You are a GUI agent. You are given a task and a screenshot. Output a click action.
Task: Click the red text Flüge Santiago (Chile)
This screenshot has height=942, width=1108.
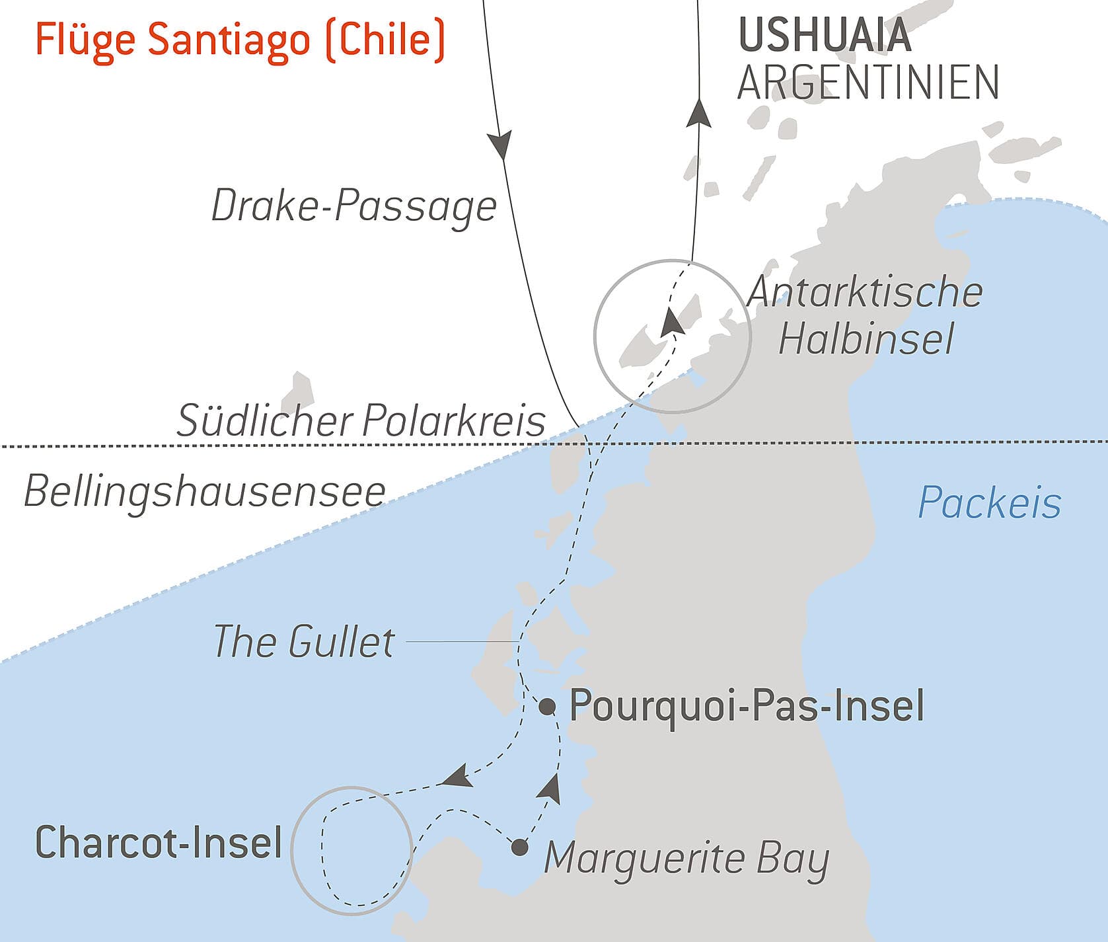tap(239, 40)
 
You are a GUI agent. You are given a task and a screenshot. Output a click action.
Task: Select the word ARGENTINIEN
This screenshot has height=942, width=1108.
tap(868, 83)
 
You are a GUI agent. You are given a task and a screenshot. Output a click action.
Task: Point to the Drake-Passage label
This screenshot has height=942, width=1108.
tap(353, 206)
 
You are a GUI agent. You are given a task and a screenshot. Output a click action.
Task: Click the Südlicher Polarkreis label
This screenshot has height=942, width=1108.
tap(361, 421)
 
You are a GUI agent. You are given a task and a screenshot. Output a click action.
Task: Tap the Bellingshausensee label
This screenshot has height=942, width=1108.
tap(205, 492)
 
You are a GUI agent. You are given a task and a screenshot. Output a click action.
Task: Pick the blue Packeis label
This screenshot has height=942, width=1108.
tap(989, 503)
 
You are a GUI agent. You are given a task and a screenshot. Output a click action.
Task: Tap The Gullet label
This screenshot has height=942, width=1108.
tap(304, 642)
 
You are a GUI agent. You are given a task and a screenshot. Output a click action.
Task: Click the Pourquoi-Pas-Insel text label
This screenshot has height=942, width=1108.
tap(747, 705)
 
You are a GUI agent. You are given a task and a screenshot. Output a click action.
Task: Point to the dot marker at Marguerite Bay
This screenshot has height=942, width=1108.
tap(520, 847)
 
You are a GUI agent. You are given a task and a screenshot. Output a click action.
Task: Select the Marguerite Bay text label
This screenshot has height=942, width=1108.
tap(686, 859)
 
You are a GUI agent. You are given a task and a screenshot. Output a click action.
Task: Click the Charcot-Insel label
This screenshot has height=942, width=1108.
tap(159, 843)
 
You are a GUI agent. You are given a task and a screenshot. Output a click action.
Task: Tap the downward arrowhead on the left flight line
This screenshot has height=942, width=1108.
tap(500, 145)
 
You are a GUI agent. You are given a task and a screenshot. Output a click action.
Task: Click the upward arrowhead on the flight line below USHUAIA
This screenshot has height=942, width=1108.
tap(698, 113)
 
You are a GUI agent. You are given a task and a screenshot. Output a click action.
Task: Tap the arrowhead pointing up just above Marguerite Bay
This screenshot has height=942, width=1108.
tap(551, 789)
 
